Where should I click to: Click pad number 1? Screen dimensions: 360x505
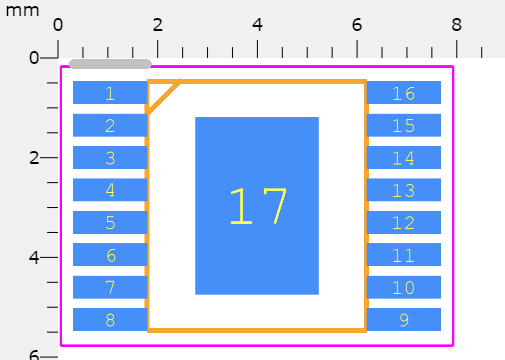[x=110, y=93]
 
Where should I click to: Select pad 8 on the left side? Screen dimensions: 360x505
[x=110, y=320]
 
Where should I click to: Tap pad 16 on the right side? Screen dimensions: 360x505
[x=403, y=93]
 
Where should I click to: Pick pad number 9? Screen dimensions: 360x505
[x=403, y=320]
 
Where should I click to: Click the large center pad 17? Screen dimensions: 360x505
[x=257, y=206]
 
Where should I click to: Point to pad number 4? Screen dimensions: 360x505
[x=110, y=190]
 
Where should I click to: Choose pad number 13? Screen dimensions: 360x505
[x=403, y=190]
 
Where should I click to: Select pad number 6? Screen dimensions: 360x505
[x=110, y=255]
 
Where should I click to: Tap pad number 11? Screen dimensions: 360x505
[x=403, y=255]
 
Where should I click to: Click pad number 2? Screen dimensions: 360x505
[x=110, y=125]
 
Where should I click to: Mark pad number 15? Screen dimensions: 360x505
[x=403, y=125]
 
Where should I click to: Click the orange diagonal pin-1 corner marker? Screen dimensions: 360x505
[x=163, y=96]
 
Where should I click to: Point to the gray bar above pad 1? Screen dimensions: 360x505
[x=110, y=64]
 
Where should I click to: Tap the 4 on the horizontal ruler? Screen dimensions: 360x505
[x=257, y=24]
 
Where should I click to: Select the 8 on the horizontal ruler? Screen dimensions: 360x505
[x=456, y=24]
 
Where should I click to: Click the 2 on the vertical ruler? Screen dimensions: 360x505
[x=34, y=157]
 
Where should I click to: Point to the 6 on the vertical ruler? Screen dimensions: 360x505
[x=34, y=355]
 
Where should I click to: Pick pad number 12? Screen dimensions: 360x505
[x=403, y=223]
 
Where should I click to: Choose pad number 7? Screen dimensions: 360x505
[x=110, y=288]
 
